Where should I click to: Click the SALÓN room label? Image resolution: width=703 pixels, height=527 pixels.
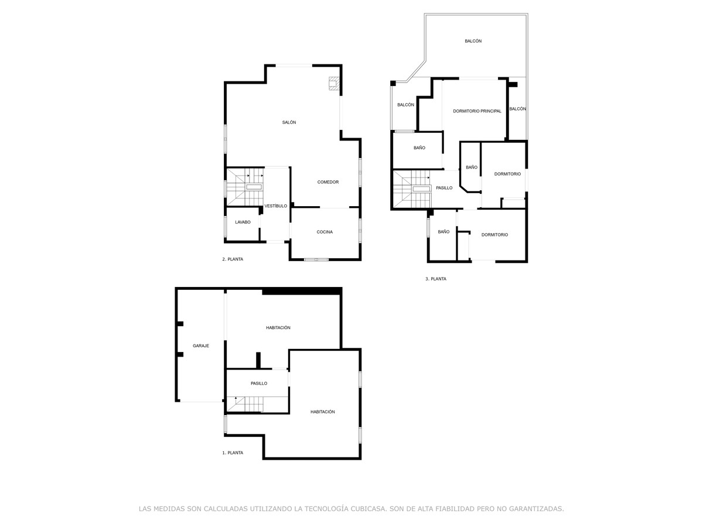coord(289,122)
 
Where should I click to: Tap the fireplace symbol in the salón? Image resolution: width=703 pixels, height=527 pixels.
coord(333,84)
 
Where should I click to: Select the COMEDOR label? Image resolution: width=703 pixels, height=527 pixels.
coord(328,182)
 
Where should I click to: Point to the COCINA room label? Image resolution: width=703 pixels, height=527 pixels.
coord(325,232)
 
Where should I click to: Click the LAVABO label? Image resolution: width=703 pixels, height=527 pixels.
coord(243,222)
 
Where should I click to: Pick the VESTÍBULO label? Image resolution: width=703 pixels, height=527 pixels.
coord(275,206)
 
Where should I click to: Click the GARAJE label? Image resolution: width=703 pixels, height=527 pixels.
coord(201,345)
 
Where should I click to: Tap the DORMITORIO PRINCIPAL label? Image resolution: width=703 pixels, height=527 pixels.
coord(477,111)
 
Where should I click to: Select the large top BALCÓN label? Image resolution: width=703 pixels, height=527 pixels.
coord(473,41)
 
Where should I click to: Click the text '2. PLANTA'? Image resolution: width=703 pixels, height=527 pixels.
coord(233,259)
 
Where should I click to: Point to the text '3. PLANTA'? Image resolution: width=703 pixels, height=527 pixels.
coord(436,279)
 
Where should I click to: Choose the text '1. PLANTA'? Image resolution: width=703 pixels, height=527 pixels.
coord(233,453)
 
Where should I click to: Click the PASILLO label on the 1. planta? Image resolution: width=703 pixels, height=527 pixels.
coord(259,384)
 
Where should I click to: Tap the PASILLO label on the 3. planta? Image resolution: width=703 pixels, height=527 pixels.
coord(444,188)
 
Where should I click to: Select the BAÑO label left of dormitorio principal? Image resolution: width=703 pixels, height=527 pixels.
coord(419,148)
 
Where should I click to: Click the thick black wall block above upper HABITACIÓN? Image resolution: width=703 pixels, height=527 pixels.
coord(302,291)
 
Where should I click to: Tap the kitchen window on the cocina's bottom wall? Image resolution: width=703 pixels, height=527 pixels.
coord(316,259)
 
